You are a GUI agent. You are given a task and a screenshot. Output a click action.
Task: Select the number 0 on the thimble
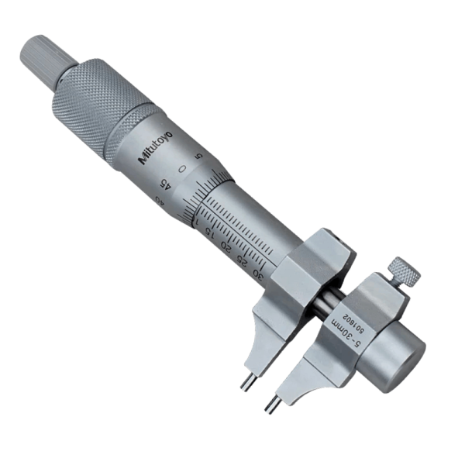coord(181,168)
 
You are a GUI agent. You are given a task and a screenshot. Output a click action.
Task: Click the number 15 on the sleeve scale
coord(212,235)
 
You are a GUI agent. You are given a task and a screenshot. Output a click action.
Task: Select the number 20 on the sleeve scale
coord(226,247)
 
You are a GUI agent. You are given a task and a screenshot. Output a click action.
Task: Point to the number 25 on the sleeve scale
coord(241,260)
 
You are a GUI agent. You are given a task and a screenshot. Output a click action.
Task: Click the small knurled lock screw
coord(405,270)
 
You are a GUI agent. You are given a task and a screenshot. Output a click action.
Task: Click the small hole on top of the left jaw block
coord(323,234)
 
